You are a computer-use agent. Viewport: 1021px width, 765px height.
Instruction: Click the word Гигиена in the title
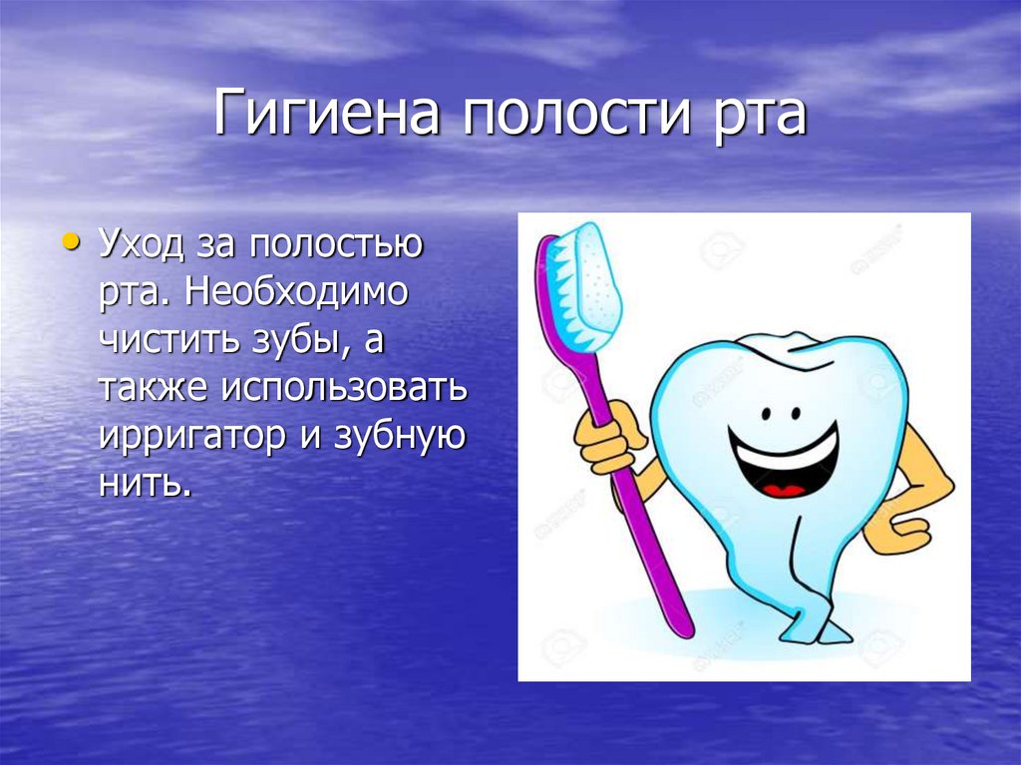[x=327, y=116]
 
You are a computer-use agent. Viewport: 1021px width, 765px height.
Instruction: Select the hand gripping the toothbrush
[x=605, y=440]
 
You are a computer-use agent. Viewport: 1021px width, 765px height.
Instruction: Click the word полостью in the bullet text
[x=338, y=245]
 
